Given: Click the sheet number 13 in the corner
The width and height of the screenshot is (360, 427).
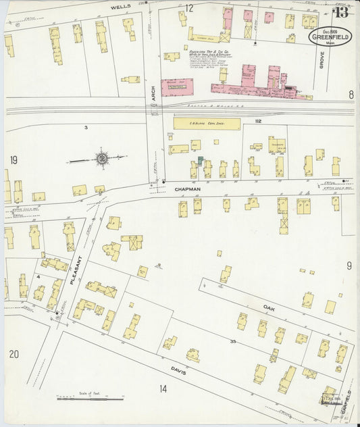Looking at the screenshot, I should pos(342,11).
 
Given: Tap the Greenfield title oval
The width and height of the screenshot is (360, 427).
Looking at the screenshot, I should pos(330,36).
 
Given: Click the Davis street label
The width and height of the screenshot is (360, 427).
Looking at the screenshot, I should pos(178,372).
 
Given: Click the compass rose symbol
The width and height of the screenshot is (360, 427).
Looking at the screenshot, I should pos(101,159).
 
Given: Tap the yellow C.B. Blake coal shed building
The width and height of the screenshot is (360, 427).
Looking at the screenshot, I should pos(207,124).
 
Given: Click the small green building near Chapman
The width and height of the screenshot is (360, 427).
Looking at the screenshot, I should pos(200,159).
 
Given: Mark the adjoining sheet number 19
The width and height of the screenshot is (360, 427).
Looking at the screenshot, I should pos(14,160).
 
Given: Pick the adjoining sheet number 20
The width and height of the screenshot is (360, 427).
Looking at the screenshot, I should pos(14,353).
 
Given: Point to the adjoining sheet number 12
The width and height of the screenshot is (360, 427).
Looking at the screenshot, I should pos(190,8).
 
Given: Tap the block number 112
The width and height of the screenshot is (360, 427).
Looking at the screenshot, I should pos(257,122).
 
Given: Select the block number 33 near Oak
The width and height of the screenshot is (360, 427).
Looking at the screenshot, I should pos(232,343).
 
